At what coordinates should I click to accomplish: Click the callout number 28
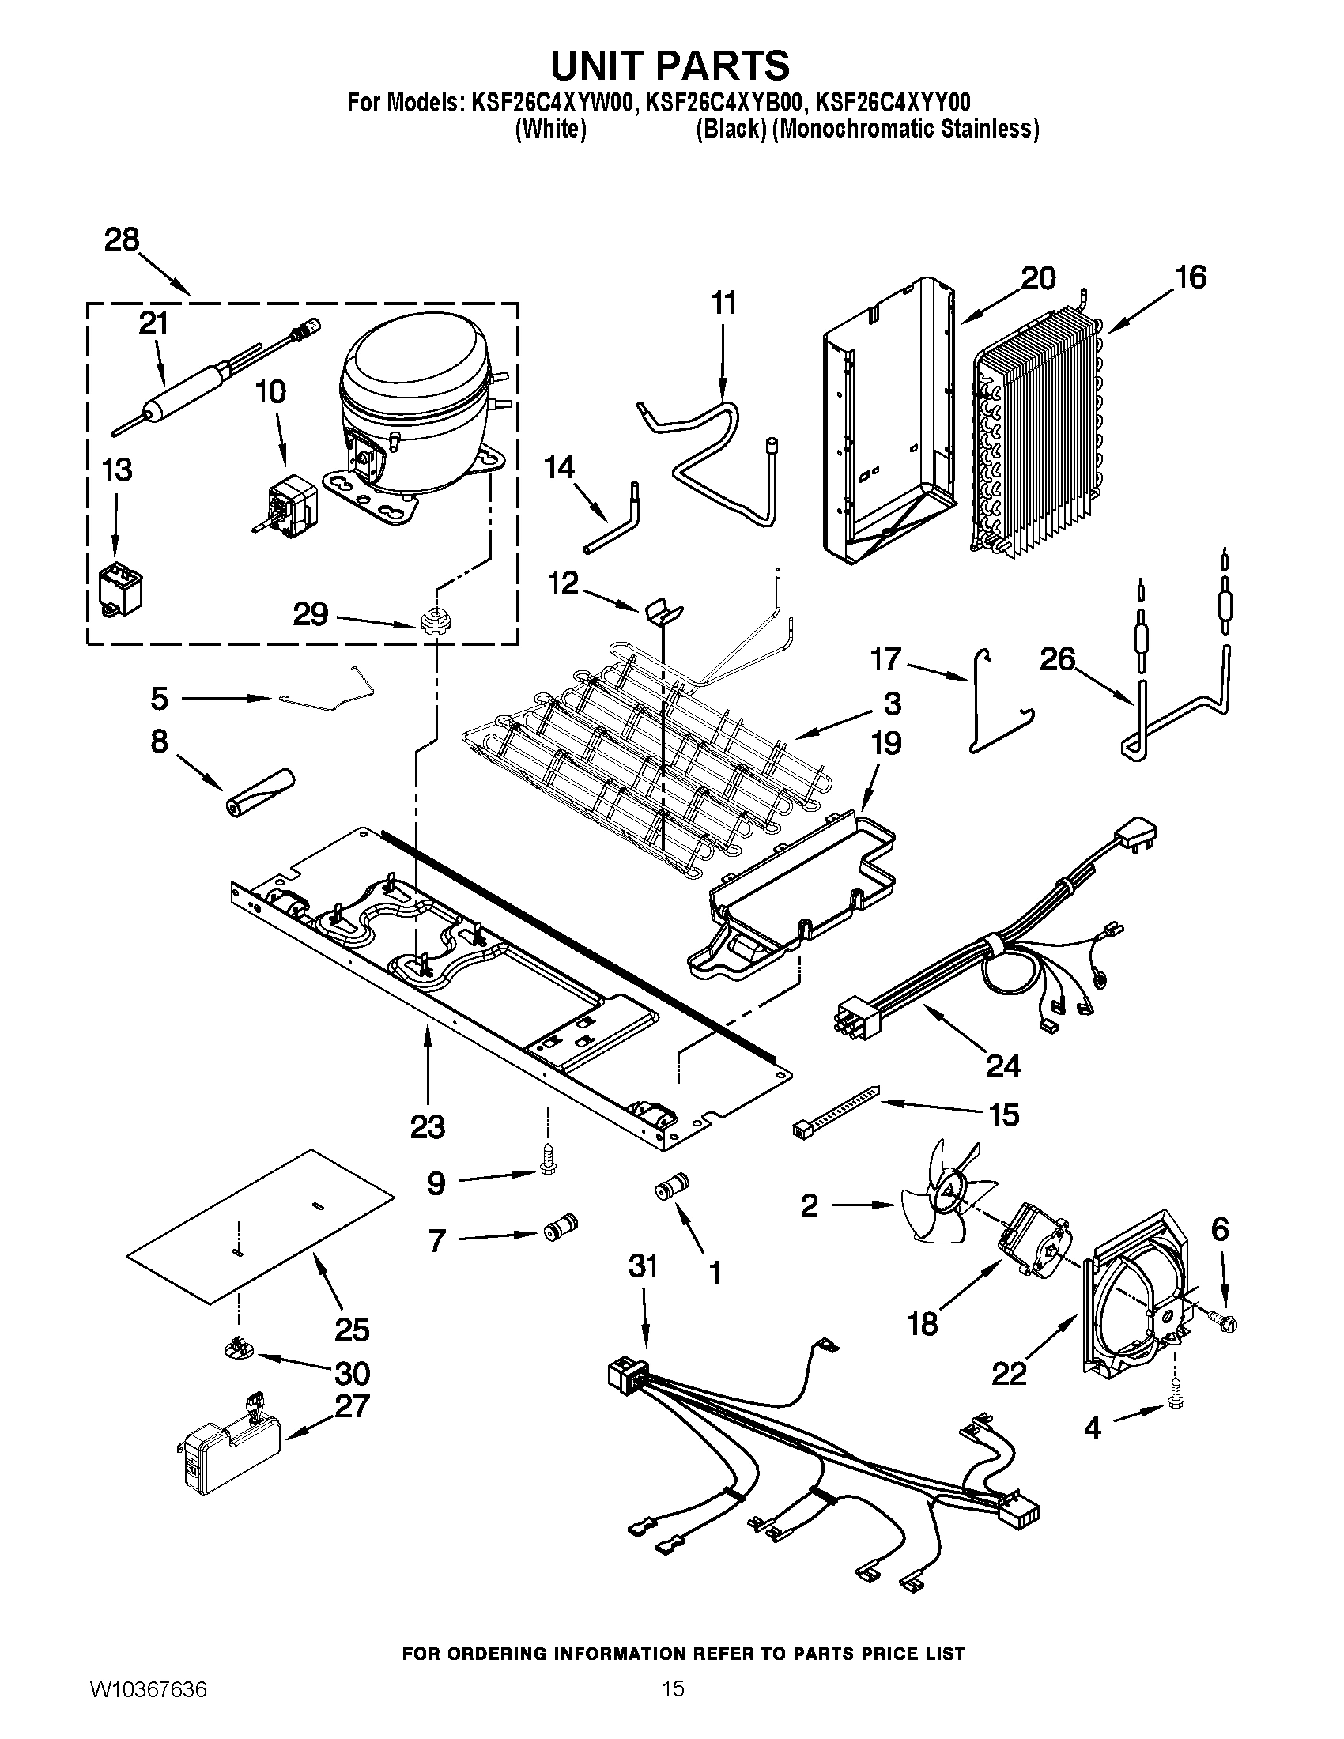point(122,240)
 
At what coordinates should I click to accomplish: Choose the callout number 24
point(1003,1065)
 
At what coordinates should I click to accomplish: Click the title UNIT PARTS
point(670,66)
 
